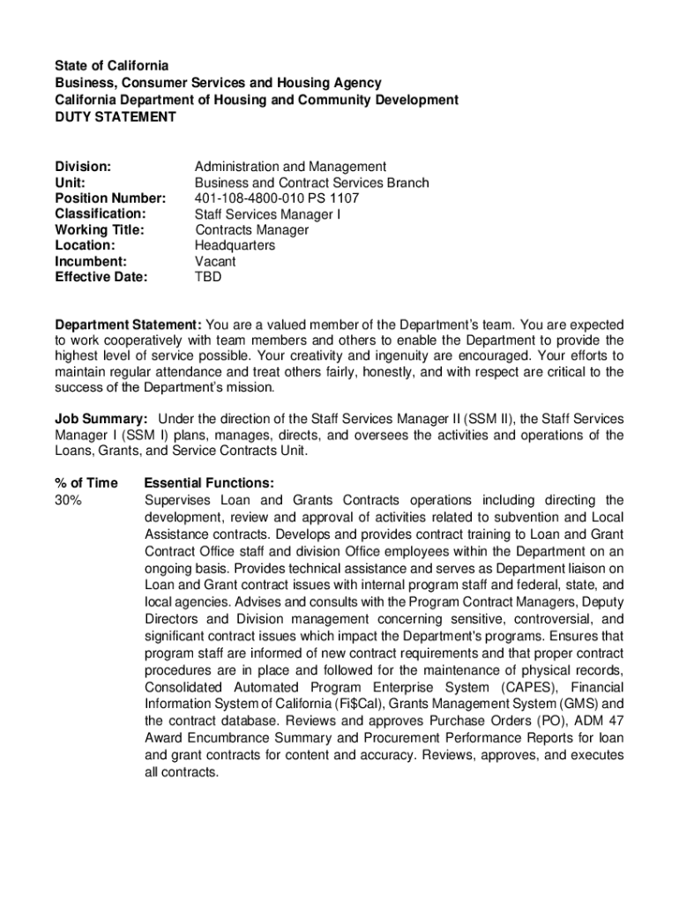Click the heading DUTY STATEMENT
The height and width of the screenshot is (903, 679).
(116, 116)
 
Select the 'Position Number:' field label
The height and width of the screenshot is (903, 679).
(110, 198)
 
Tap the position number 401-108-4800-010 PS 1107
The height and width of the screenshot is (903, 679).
(277, 198)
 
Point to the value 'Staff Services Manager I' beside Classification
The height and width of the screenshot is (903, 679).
(267, 214)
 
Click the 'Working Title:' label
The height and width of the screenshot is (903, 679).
(100, 230)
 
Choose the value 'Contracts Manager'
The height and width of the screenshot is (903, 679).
(251, 230)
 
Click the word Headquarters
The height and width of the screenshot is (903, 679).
(235, 246)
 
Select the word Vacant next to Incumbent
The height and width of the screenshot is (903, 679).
(215, 262)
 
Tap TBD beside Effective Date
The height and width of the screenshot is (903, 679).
(208, 277)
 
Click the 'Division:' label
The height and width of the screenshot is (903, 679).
(83, 167)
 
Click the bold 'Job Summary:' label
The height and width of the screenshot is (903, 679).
(101, 419)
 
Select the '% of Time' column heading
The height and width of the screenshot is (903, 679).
(86, 483)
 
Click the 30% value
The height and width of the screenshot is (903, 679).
(69, 500)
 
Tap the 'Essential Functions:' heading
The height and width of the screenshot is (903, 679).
(209, 483)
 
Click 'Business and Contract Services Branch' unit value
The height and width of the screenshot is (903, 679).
(312, 183)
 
